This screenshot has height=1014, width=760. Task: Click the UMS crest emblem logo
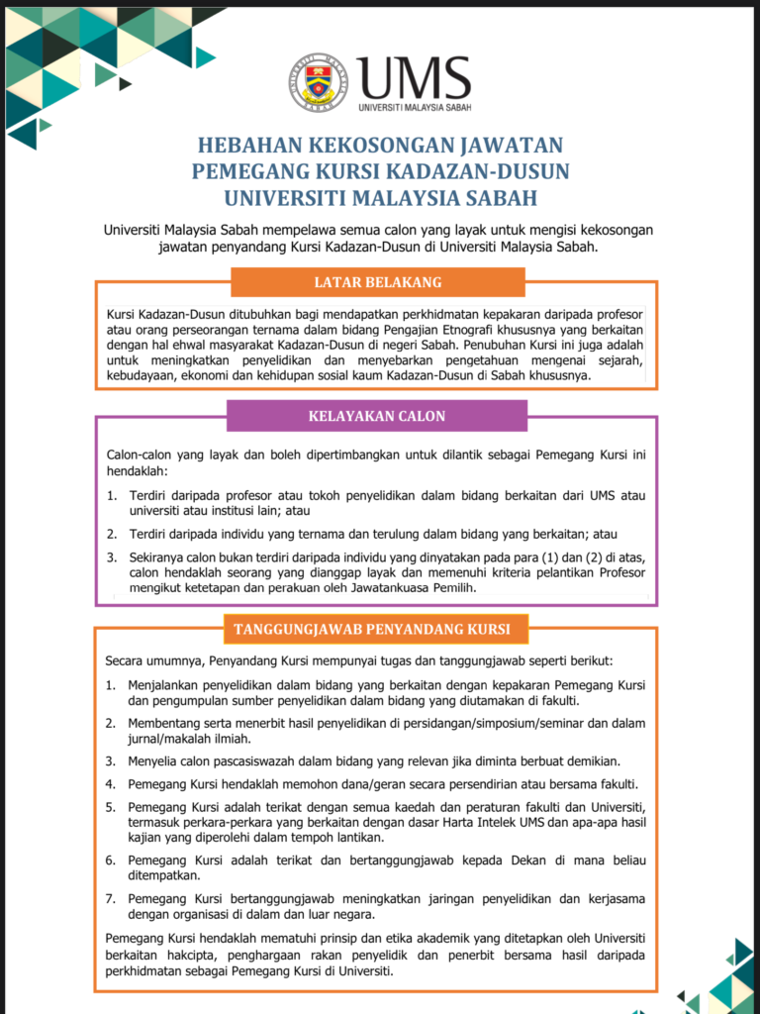click(319, 82)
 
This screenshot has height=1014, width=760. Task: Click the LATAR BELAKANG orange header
click(378, 283)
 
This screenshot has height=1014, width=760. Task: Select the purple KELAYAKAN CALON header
click(379, 416)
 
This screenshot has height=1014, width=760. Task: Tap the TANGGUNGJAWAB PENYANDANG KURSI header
click(372, 629)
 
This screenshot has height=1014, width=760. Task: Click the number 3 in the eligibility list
click(111, 558)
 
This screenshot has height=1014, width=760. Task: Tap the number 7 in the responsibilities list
click(111, 899)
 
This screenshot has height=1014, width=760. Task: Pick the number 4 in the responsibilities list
click(111, 783)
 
